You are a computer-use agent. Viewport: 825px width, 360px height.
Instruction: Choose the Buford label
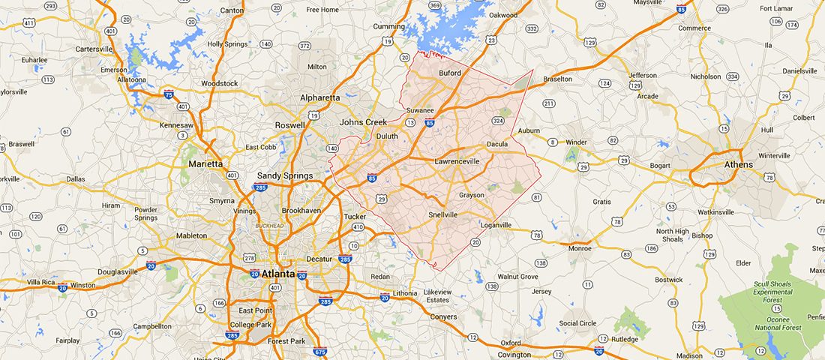coord(449,73)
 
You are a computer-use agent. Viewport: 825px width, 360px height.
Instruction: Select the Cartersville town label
coord(94,49)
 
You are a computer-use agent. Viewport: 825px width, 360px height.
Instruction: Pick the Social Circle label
coord(578,323)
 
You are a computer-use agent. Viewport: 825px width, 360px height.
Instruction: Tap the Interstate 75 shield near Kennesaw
coord(169,94)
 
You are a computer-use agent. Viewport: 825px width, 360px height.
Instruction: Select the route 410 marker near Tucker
coord(358,226)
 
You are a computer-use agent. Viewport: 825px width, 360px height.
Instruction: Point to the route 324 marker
coord(497,120)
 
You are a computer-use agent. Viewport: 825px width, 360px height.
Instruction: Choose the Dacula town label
coord(496,144)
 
